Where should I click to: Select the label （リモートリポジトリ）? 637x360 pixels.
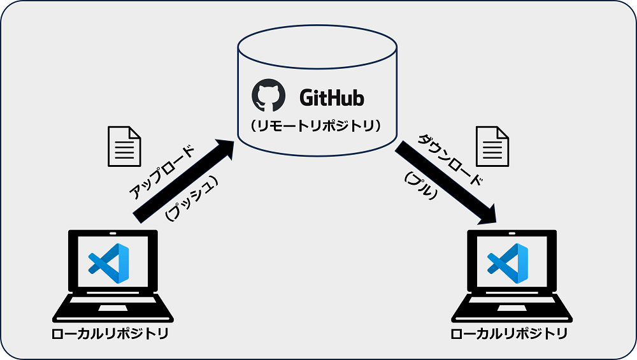tap(317, 126)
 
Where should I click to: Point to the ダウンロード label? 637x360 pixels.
tap(450, 159)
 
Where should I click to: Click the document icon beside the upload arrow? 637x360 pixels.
tap(123, 146)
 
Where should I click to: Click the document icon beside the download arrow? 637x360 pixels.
tap(492, 146)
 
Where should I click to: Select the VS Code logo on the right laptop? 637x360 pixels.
tap(507, 263)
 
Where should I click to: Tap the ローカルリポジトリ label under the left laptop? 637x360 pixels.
tap(110, 334)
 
